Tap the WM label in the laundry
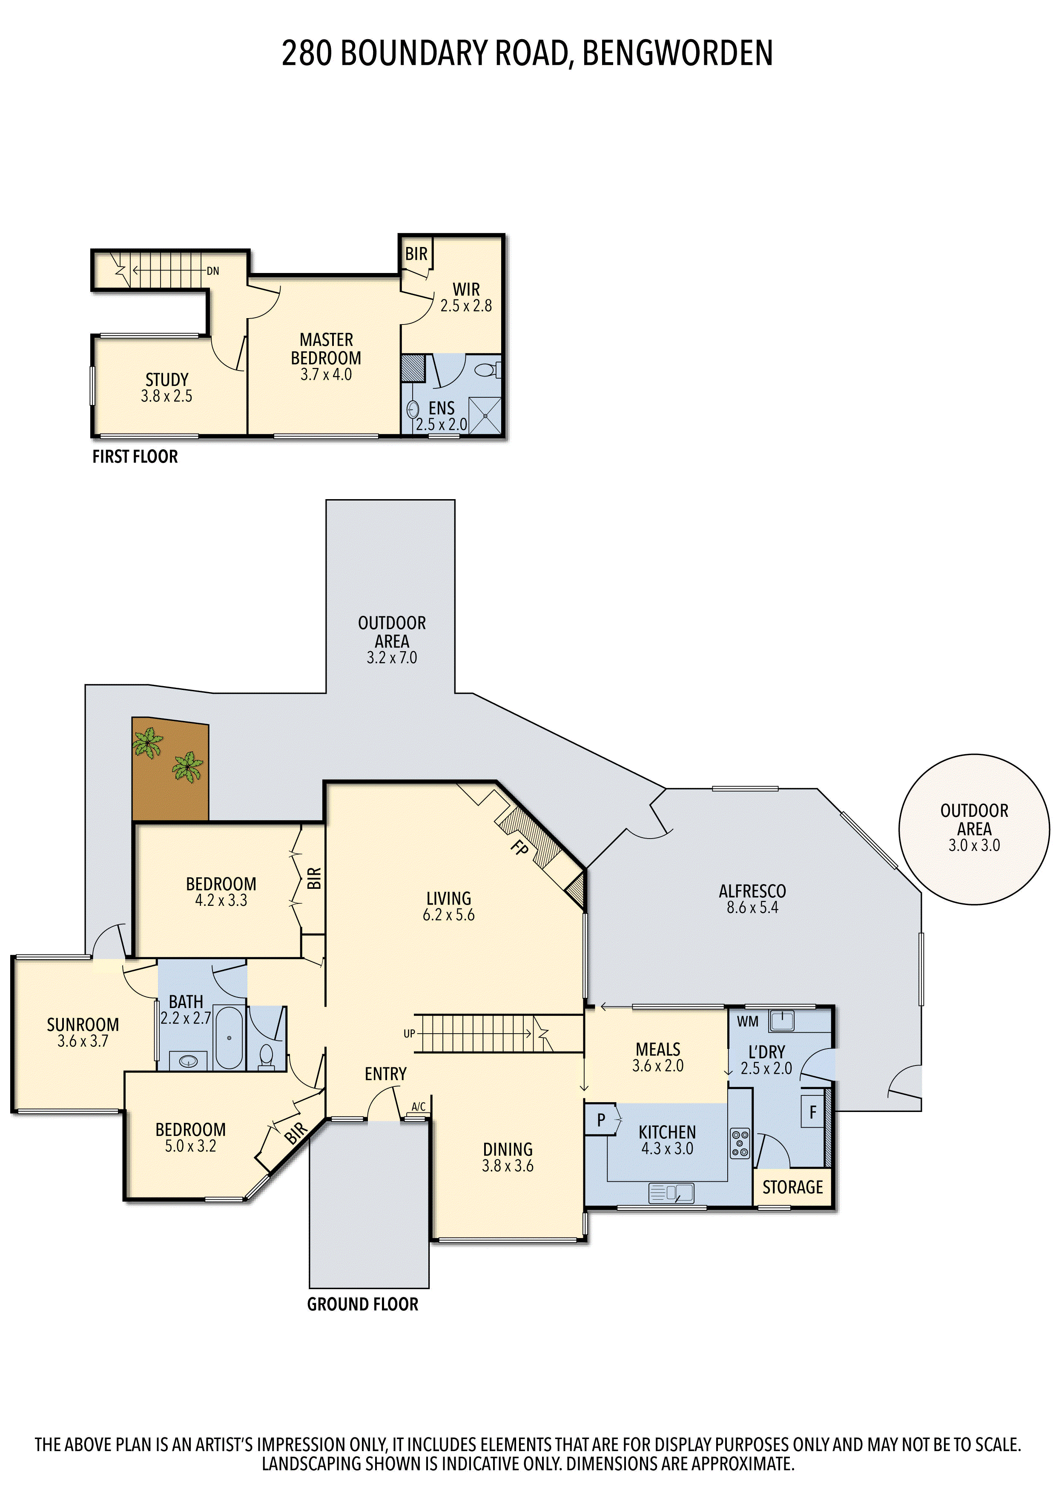[x=748, y=1022]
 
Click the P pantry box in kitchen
[x=600, y=1120]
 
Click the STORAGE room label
[x=792, y=1187]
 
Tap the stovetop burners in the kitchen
[x=740, y=1143]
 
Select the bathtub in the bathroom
[x=229, y=1038]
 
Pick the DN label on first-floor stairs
[x=213, y=271]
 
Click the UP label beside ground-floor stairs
[x=409, y=1033]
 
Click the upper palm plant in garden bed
[x=148, y=742]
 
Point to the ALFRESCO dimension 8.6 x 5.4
[x=752, y=907]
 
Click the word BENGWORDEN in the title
[x=677, y=53]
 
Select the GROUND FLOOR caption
[x=362, y=1304]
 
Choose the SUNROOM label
[x=83, y=1025]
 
